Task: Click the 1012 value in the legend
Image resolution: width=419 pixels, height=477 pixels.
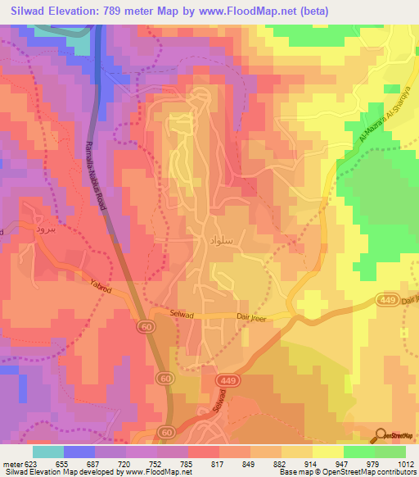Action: (405, 461)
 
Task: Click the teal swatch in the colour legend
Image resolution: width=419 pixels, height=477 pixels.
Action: (47, 451)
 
